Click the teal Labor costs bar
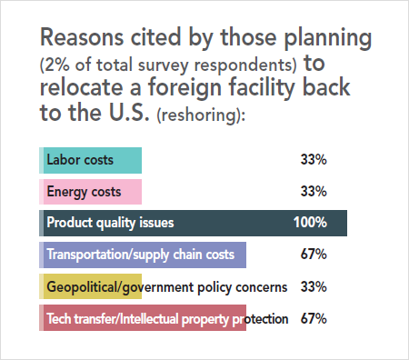(91, 160)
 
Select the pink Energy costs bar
(91, 192)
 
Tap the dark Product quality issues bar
(194, 223)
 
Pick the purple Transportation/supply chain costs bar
(144, 255)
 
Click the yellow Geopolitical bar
(91, 286)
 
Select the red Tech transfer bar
(144, 318)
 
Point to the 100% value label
(310, 223)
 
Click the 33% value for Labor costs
(314, 160)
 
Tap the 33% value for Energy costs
(314, 192)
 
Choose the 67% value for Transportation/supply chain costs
(314, 255)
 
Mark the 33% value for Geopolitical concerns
(314, 286)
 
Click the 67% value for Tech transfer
(314, 318)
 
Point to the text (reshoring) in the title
(200, 115)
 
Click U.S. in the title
(128, 113)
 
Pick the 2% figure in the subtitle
(56, 66)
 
